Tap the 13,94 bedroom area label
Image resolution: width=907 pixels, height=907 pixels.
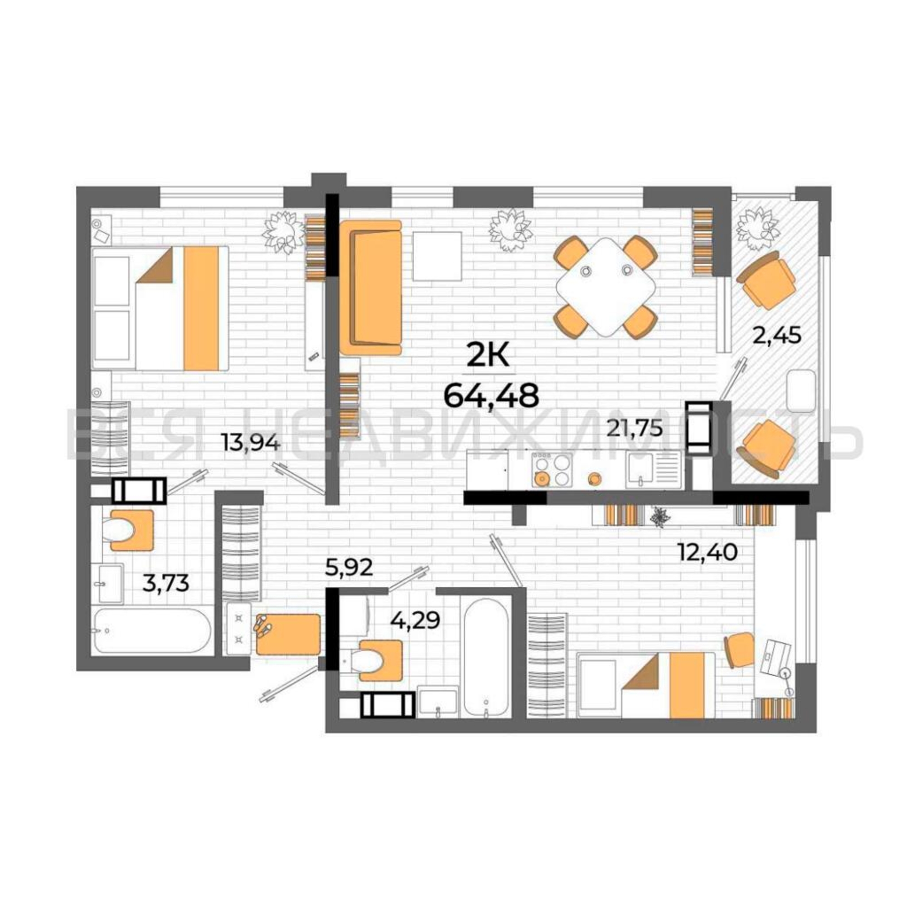[x=252, y=443]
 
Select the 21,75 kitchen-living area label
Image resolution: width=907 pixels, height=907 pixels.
[x=635, y=429]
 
